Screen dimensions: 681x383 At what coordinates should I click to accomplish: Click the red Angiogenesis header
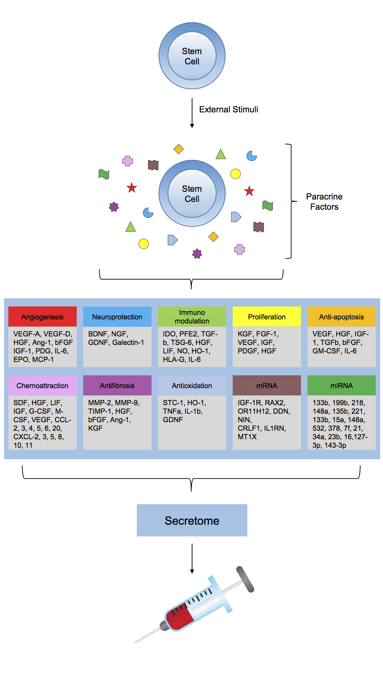(42, 317)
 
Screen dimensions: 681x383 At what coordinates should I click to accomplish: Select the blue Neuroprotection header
(117, 317)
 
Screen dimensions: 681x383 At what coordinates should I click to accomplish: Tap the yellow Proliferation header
(267, 317)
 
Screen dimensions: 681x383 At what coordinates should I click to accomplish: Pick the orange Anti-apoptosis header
(341, 317)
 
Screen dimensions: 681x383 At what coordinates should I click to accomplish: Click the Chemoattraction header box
(42, 385)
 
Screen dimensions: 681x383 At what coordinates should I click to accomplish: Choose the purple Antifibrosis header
(117, 385)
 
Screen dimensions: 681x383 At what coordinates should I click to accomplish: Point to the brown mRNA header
(267, 385)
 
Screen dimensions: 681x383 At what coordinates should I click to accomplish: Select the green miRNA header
(341, 385)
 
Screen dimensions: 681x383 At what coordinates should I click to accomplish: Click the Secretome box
(192, 520)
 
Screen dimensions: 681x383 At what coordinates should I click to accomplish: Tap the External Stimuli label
(228, 109)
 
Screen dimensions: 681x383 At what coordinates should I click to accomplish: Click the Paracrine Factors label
(324, 202)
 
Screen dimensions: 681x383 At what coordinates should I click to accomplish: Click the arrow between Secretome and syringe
(192, 558)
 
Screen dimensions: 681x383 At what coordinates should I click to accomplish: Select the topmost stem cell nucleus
(192, 56)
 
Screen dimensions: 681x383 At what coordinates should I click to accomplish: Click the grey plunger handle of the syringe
(245, 579)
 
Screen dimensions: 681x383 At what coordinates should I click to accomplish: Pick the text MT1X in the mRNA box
(247, 437)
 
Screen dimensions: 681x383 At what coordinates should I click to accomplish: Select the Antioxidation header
(192, 385)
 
